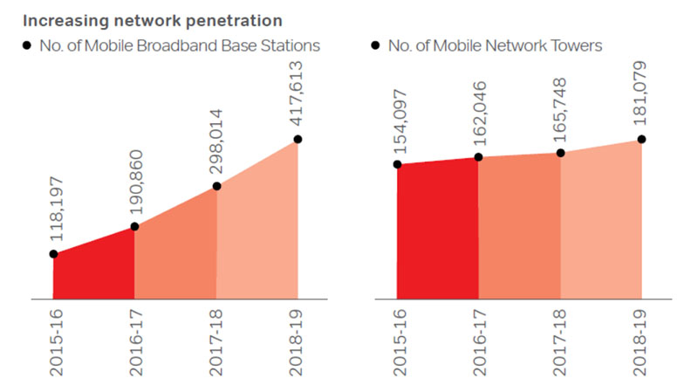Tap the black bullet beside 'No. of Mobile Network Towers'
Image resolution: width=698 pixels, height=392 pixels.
(x=376, y=45)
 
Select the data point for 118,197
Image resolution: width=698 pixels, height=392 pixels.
(x=53, y=254)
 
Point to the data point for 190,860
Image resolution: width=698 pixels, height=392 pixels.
(x=134, y=227)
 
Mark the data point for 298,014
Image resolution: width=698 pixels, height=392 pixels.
(x=216, y=186)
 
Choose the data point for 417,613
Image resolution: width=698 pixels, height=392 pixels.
(x=298, y=139)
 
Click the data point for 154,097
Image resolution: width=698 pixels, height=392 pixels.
(x=397, y=164)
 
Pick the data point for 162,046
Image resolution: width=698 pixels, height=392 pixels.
(x=478, y=157)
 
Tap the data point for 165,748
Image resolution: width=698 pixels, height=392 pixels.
(x=560, y=153)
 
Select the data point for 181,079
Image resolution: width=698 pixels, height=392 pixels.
(x=642, y=139)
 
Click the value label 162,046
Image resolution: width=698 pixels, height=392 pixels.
(x=477, y=113)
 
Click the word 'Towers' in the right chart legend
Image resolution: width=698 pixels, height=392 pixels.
(x=578, y=45)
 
